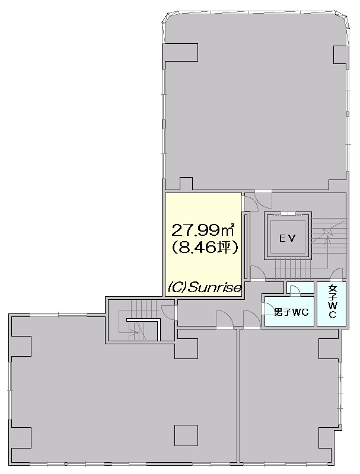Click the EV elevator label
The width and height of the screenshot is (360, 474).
click(x=287, y=239)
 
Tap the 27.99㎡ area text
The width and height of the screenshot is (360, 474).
click(x=203, y=230)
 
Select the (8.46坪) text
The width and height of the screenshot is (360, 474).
click(x=205, y=248)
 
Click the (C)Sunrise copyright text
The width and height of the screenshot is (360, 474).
click(x=205, y=287)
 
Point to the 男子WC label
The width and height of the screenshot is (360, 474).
click(x=291, y=312)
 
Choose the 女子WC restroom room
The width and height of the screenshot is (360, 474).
click(x=332, y=304)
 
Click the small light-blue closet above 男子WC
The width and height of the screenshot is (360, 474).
click(x=300, y=288)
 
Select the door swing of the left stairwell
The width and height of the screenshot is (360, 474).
click(x=169, y=312)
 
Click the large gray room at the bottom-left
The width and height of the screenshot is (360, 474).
click(x=121, y=393)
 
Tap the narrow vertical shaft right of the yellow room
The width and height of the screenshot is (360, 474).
click(x=246, y=246)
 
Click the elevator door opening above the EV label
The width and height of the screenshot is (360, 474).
click(x=288, y=214)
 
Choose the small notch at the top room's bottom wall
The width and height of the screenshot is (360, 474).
click(x=186, y=184)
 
